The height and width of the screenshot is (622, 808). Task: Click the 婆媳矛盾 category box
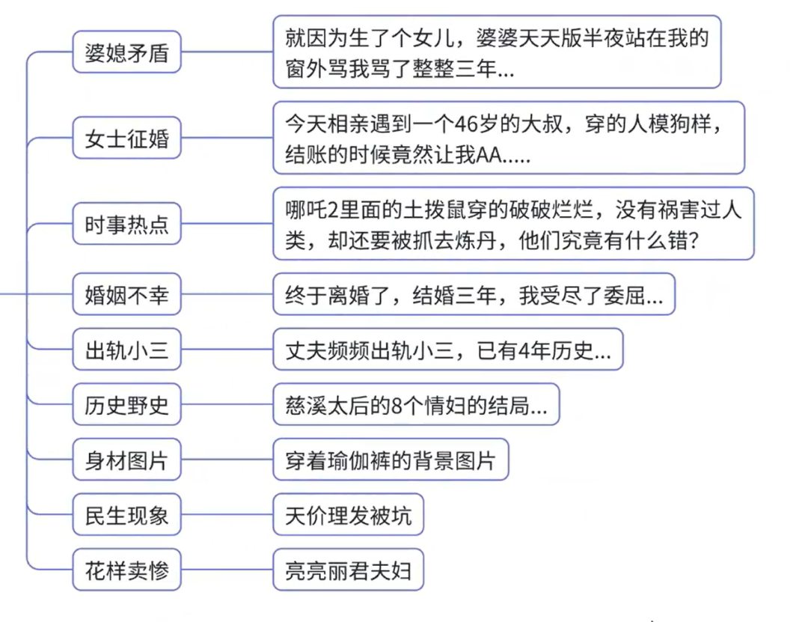point(126,52)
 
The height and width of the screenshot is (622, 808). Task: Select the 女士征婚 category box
point(126,138)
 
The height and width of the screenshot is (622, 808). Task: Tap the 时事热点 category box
point(126,224)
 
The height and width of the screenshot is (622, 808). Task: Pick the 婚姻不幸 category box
point(126,294)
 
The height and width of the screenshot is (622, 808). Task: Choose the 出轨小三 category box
point(126,350)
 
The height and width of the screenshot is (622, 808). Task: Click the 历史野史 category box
point(126,405)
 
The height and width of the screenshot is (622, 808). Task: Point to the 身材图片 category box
point(126,460)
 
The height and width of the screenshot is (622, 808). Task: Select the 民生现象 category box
point(126,515)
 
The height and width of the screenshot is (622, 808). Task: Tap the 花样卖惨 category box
point(126,570)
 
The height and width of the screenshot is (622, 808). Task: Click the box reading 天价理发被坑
point(349,515)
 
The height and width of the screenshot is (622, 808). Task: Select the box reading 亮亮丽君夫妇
point(349,570)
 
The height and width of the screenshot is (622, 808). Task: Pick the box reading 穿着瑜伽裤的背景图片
point(391,460)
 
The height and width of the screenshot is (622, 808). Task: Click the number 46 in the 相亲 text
point(465,124)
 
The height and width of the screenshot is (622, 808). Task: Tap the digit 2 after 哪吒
point(332,210)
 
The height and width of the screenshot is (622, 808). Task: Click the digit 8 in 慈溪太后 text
point(397,406)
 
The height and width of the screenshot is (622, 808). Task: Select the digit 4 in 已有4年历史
point(524,351)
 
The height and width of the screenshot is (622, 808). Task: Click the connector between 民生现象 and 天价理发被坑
point(227,515)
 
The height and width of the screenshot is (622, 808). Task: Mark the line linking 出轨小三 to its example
point(227,350)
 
